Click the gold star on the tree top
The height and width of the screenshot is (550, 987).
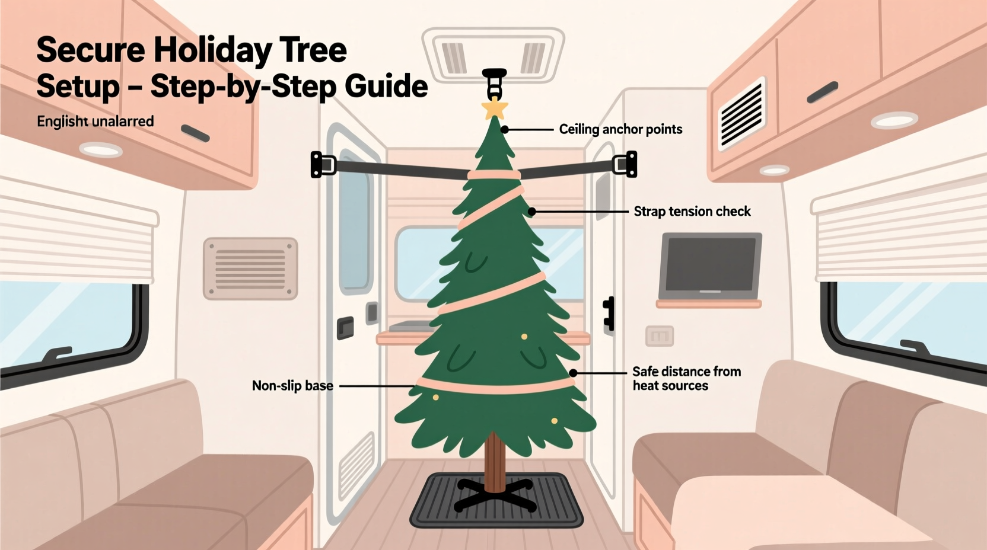(494, 108)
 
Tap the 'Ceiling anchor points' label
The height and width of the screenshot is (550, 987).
(620, 129)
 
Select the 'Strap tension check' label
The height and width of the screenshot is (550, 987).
(692, 212)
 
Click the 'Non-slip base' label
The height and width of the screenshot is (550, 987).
(292, 386)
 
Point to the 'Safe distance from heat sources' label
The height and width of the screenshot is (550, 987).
(686, 379)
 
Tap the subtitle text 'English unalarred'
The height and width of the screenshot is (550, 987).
(95, 121)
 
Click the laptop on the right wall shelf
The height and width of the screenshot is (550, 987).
(711, 267)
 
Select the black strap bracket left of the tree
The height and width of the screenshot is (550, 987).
(323, 164)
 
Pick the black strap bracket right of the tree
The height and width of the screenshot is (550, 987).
(625, 164)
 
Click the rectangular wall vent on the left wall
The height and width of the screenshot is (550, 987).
(250, 268)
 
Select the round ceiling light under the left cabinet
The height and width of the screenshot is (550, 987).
(101, 149)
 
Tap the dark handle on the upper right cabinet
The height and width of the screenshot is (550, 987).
(822, 92)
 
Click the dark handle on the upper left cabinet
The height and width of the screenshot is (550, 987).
(195, 133)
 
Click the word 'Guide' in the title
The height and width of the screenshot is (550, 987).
(386, 87)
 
